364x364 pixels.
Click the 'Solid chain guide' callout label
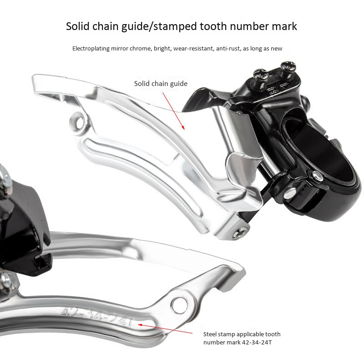tap(161, 84)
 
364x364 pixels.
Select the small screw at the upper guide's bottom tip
tap(240, 233)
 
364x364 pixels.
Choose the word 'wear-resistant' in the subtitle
tap(192, 48)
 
